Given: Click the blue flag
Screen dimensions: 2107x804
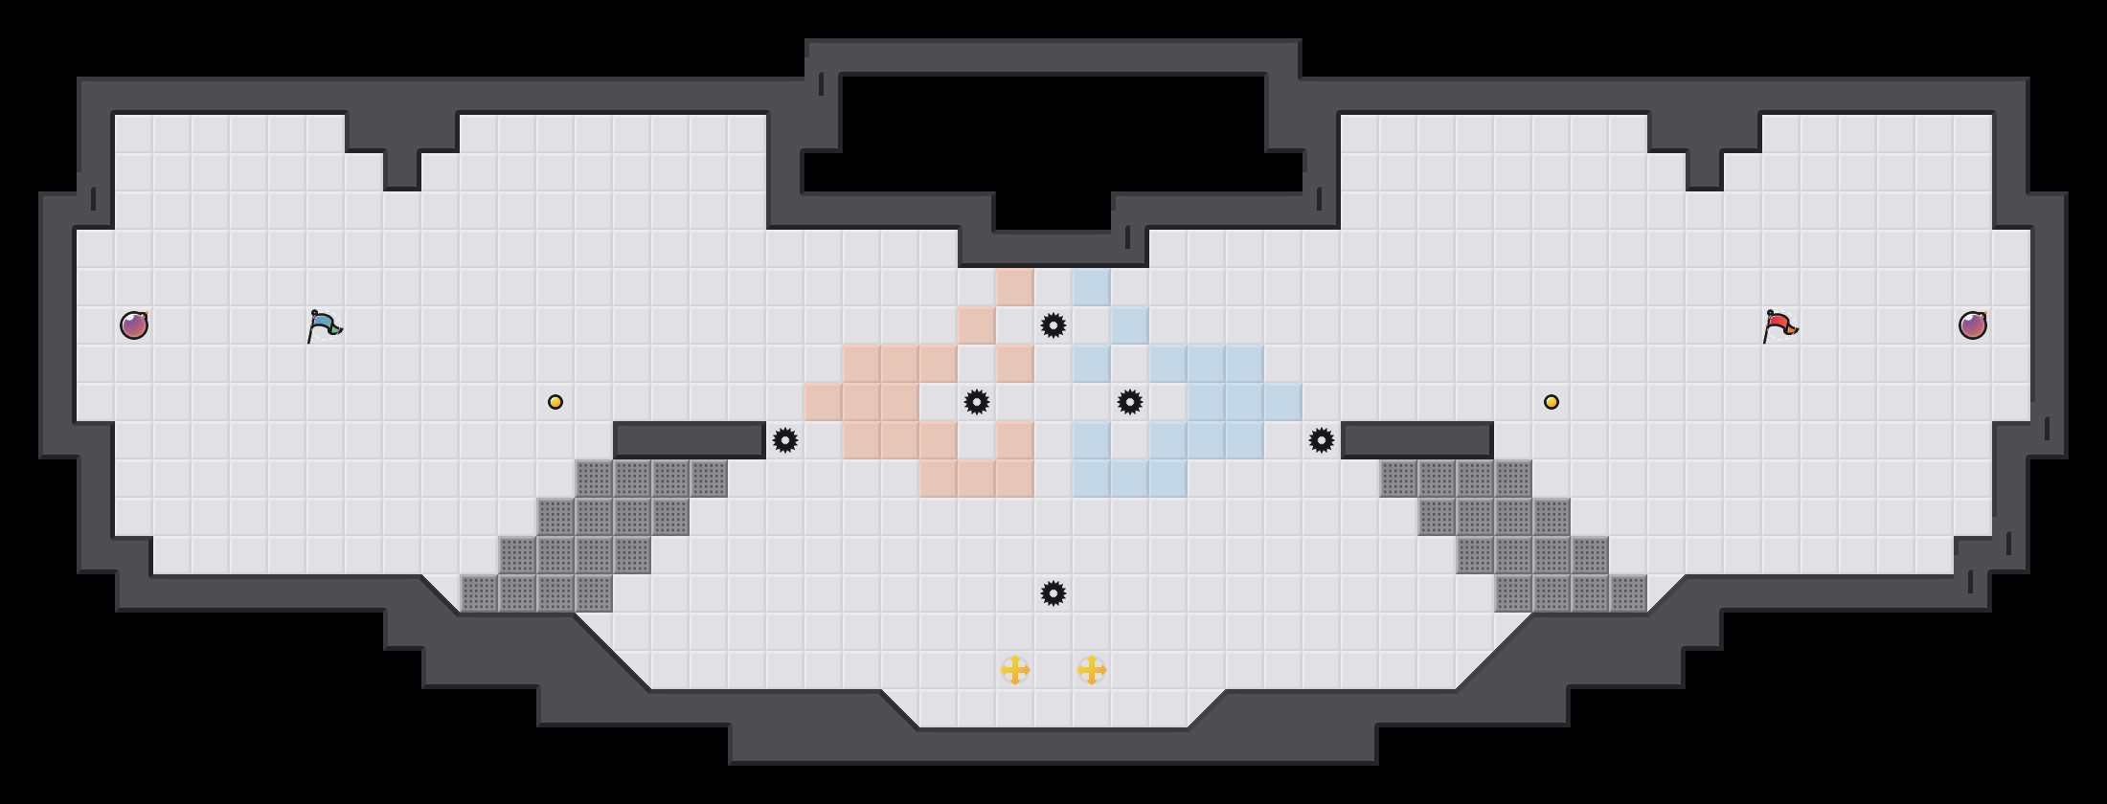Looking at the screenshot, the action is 324,325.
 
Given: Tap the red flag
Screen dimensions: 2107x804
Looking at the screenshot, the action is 1779,325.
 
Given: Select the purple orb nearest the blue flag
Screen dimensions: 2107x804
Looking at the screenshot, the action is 134,325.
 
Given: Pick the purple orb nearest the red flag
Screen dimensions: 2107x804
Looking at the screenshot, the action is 1973,325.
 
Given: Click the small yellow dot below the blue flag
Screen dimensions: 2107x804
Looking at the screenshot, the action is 555,402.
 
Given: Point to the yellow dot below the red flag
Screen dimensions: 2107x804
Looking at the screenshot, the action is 1552,402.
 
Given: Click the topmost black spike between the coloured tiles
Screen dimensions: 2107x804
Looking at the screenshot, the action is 1053,325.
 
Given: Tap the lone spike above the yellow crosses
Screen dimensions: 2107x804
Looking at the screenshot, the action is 1053,593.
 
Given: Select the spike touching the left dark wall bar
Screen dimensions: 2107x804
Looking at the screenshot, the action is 785,440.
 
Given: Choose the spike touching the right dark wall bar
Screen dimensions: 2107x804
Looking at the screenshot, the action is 1322,440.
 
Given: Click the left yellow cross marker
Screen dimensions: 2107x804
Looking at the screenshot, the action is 1015,670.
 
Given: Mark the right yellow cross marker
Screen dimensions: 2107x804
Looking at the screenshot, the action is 1092,670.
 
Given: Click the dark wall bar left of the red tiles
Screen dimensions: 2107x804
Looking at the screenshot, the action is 690,440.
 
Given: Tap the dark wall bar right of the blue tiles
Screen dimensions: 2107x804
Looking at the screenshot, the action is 1417,440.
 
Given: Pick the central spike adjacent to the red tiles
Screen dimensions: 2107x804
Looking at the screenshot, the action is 977,402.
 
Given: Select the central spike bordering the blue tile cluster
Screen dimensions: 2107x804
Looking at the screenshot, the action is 1130,402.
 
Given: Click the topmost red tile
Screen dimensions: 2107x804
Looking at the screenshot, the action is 1015,287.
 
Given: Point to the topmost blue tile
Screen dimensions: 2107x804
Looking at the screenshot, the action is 1092,287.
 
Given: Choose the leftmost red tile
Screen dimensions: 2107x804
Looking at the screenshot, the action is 824,402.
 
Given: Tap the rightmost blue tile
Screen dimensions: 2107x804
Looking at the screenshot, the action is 1283,402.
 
